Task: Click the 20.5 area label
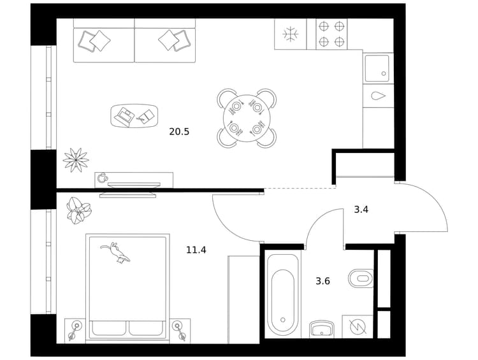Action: [179, 132]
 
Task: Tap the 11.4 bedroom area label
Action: [196, 250]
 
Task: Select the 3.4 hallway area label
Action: [361, 210]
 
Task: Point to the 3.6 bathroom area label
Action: [322, 281]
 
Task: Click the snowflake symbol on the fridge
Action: [290, 34]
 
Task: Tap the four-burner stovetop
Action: [331, 34]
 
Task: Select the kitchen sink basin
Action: [377, 68]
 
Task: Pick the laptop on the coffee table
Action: [124, 116]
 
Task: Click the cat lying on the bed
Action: [115, 252]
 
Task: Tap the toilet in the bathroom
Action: [361, 278]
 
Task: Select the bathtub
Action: [282, 295]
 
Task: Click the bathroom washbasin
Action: [322, 329]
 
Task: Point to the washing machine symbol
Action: [358, 326]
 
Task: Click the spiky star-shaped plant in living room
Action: [76, 160]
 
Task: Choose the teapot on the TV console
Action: [102, 177]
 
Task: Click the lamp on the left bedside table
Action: [75, 330]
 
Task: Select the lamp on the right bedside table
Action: [179, 330]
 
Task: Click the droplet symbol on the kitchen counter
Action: [378, 96]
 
